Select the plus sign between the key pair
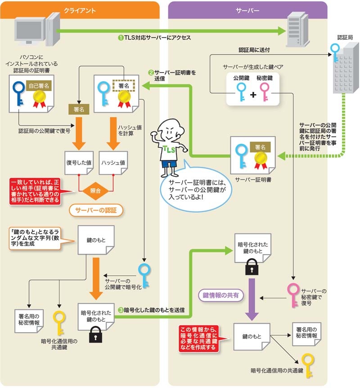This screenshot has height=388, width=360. coord(253,95)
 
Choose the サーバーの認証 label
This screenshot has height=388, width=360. coord(96,210)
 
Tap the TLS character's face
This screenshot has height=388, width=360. coord(171,131)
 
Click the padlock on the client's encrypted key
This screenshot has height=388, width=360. coord(95,334)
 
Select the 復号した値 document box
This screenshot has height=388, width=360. coord(78,162)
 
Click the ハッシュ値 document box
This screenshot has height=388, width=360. coord(113,162)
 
